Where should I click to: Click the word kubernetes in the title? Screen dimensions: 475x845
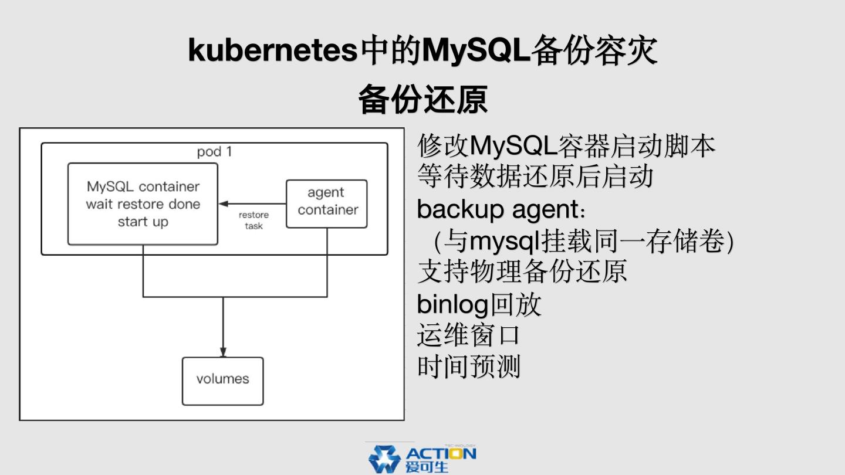(272, 50)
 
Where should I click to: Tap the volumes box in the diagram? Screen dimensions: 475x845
(222, 381)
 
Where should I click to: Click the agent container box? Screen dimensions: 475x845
(327, 203)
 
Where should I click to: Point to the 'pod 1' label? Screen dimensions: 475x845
(214, 152)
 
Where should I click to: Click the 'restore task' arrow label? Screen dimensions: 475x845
(253, 220)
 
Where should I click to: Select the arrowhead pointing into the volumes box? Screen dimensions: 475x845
(223, 352)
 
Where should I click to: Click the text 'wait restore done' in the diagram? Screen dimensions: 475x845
(143, 205)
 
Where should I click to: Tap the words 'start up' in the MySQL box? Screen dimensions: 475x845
(143, 222)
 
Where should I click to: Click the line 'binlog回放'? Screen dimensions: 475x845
(479, 304)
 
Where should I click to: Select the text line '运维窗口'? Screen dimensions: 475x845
(468, 335)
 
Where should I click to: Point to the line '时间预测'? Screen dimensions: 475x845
(468, 367)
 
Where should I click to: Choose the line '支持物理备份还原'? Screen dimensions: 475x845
(522, 272)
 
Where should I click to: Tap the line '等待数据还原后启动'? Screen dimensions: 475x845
(535, 176)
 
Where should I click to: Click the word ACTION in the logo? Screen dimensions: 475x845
(441, 453)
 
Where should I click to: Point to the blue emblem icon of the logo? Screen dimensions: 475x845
(384, 459)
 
